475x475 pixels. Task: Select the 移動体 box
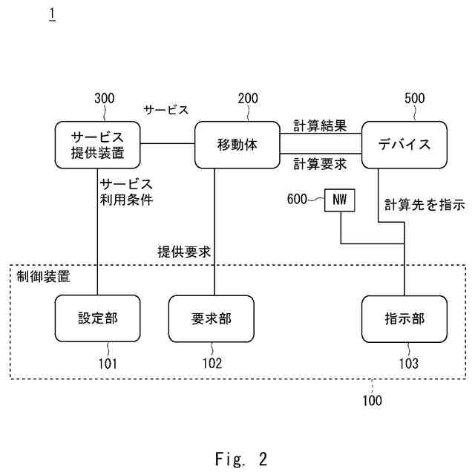pos(237,145)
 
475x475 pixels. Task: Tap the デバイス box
pos(404,145)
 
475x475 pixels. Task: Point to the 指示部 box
pos(404,318)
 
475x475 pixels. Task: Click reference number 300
pos(105,98)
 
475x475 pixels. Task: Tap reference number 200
pos(247,98)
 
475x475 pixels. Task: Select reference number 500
pos(414,98)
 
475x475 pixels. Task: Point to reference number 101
pos(108,364)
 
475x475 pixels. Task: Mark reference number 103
pos(407,364)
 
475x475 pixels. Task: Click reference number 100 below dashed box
pos(373,401)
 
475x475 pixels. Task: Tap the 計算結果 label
pos(320,125)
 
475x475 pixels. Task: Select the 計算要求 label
pos(320,163)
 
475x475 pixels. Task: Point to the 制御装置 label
pos(43,277)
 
